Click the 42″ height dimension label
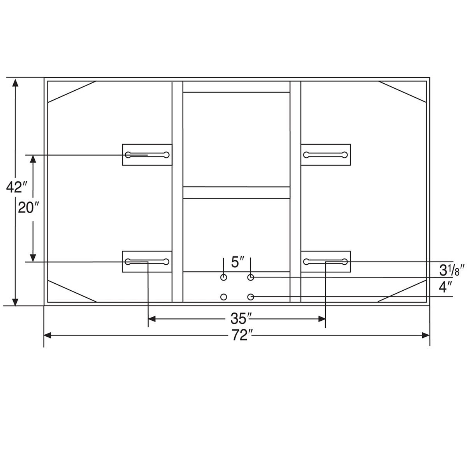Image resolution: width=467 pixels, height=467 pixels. tap(16, 187)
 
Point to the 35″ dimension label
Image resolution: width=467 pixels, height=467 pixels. tap(238, 319)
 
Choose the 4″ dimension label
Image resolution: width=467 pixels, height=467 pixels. tap(445, 287)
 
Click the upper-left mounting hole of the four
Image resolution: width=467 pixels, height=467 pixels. tap(223, 277)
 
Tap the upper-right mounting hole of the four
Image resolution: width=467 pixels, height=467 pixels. tap(251, 277)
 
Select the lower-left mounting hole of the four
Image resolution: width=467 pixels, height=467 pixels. tap(223, 297)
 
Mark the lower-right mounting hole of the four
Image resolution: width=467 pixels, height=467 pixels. tap(251, 297)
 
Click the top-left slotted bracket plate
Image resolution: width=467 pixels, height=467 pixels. tap(147, 155)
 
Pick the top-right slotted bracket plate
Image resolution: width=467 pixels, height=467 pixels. tap(326, 155)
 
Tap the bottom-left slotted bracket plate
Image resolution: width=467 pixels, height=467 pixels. tap(147, 262)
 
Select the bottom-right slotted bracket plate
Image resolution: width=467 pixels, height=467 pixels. tap(326, 262)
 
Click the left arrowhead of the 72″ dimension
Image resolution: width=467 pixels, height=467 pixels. tap(47, 335)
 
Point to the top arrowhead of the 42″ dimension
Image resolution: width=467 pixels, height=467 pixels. tap(15, 82)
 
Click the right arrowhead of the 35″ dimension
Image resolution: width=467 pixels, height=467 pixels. tap(321, 319)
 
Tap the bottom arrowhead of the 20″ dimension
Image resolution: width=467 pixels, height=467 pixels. tap(33, 258)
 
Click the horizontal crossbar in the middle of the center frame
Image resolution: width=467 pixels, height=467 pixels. tap(236, 193)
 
